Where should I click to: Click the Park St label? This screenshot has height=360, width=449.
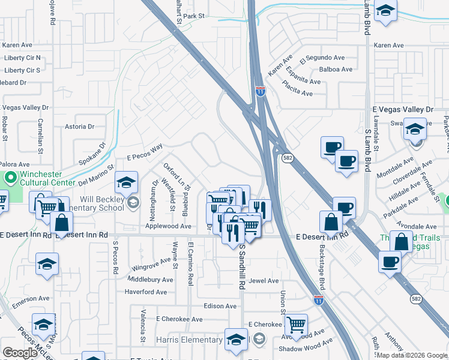pos(194,16)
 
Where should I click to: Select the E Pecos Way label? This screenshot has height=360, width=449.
pos(145,153)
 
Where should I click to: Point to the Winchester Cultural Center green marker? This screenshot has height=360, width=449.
pos(10,179)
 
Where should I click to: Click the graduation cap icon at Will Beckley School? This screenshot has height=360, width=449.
pos(127,182)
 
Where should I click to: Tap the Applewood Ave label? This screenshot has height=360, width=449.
pos(168,226)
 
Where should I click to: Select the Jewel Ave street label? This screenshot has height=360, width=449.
pos(264,281)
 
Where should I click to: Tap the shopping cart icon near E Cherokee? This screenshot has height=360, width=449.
pos(296,325)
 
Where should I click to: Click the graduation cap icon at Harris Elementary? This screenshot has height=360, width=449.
pos(236,339)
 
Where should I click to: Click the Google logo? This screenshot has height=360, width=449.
pos(20,353)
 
